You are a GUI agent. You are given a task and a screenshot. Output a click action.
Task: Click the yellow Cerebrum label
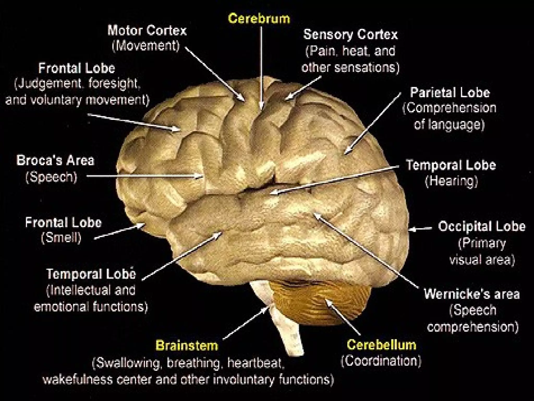point(259,19)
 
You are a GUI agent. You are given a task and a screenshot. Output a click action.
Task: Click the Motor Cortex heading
point(147,31)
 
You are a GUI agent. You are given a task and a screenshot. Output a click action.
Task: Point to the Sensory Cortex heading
point(350,34)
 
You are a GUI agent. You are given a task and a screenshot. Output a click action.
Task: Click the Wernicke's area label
point(472,294)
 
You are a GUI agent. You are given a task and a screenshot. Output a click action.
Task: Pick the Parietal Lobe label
point(450,92)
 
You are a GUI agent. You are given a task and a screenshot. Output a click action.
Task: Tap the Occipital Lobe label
point(482,226)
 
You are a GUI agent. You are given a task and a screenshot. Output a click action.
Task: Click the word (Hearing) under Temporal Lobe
point(451,181)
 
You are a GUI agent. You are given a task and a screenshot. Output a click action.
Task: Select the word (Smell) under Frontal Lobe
point(61,238)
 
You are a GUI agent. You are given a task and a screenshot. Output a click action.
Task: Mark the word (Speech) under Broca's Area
point(51,177)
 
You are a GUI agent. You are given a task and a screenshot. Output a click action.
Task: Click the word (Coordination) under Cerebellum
point(381,361)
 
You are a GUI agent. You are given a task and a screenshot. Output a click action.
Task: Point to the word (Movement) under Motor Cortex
point(146,46)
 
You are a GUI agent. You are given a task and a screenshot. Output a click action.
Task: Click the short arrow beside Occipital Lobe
point(420,229)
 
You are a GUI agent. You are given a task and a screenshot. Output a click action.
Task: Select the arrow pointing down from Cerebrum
point(261,68)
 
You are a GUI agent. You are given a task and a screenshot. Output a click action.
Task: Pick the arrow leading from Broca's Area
point(143,176)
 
